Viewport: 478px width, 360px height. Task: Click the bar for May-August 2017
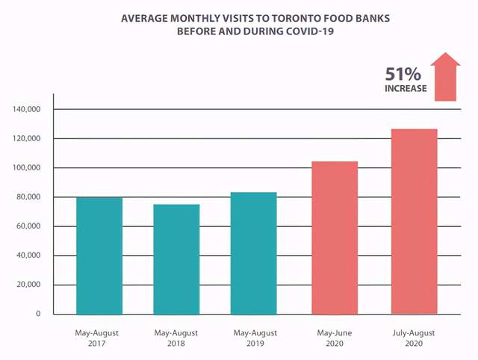coord(99,255)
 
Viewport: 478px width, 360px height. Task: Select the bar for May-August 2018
coord(176,259)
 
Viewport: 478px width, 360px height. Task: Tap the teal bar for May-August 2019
coord(253,253)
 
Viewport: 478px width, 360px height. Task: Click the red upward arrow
coord(446,77)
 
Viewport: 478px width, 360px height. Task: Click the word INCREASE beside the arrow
coord(406,89)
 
